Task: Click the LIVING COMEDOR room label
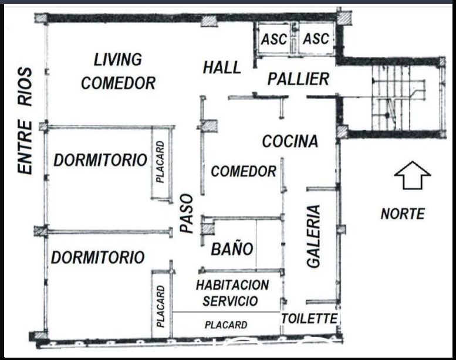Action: [x=118, y=71]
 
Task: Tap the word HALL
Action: [x=222, y=67]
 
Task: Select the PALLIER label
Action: [x=298, y=79]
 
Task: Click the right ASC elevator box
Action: [x=316, y=38]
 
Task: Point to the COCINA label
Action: [x=290, y=141]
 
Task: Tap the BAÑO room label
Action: [x=232, y=249]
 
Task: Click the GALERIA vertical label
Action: [x=313, y=236]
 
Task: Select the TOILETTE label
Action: [x=309, y=319]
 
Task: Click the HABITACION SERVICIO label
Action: [x=232, y=293]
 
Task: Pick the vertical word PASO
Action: [x=187, y=213]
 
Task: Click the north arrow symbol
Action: [x=413, y=175]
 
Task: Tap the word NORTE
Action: [x=403, y=214]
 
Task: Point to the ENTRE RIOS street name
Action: [x=25, y=121]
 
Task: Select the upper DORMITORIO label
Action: [x=100, y=160]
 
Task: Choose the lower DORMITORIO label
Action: [x=97, y=257]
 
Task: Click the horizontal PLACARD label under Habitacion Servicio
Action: [x=226, y=325]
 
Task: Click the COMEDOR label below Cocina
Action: [x=244, y=171]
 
